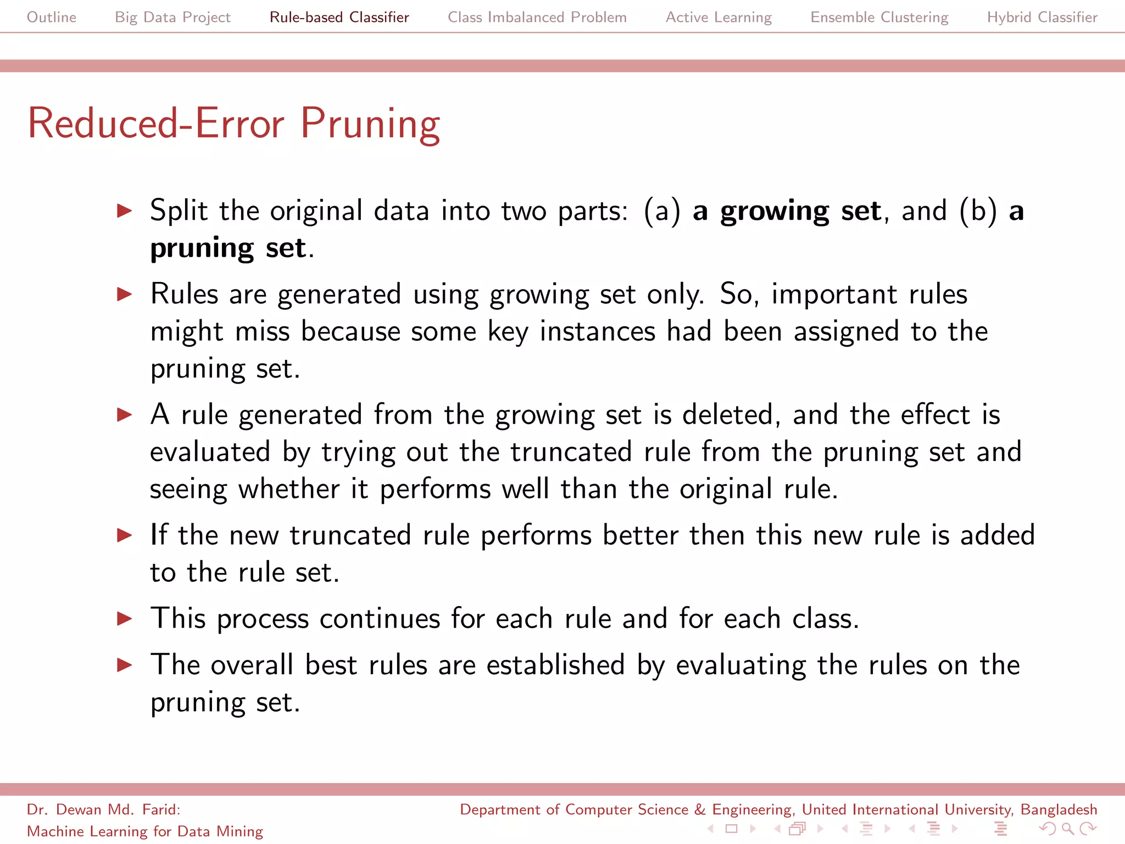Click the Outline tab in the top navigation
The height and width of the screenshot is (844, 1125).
(x=52, y=17)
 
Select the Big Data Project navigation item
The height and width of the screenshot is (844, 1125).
(x=172, y=17)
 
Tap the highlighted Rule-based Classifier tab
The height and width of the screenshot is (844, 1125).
(x=339, y=17)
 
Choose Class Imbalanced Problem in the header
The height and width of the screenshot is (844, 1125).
(x=537, y=17)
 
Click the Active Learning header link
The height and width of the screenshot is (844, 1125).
(x=719, y=17)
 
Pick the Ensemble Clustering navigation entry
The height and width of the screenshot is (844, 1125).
(x=879, y=17)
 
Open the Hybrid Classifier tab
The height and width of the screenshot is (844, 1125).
(x=1042, y=17)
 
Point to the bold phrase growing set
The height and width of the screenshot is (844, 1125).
(x=800, y=212)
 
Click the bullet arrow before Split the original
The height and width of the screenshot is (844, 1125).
(x=125, y=211)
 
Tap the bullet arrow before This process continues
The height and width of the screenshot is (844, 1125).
(x=125, y=619)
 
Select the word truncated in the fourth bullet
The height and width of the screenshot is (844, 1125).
(x=350, y=536)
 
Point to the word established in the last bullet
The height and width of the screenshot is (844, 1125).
(x=555, y=665)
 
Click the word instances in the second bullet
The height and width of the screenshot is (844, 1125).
(x=597, y=332)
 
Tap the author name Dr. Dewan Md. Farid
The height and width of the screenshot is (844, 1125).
(x=103, y=809)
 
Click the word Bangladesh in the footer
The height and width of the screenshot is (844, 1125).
(x=1059, y=809)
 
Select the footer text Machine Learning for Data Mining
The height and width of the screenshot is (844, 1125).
(x=145, y=831)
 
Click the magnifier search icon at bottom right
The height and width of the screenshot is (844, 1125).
(x=1067, y=828)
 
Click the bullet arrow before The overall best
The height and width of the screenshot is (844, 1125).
(x=125, y=665)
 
